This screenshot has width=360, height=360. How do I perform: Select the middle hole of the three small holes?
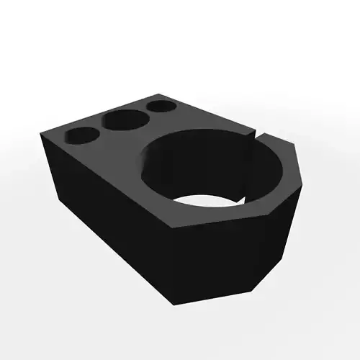tap(122, 120)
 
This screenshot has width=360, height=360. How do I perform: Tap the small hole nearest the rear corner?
tap(161, 107)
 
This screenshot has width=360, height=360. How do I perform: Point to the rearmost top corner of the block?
tap(167, 95)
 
